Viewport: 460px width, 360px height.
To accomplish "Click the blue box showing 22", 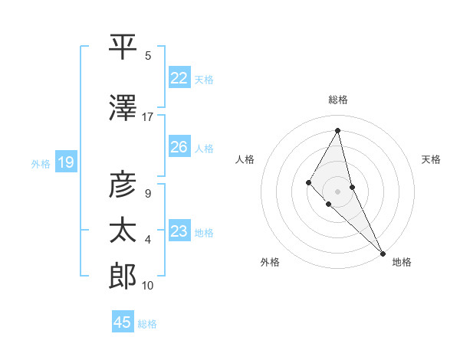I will (x=179, y=77).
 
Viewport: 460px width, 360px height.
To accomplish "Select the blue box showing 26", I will (x=179, y=147).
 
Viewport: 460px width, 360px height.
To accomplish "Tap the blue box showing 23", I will (x=179, y=231).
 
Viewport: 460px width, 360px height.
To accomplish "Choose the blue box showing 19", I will (x=65, y=162).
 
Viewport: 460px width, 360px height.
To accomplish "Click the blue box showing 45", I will (x=123, y=322).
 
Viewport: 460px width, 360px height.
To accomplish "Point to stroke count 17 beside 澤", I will (x=148, y=117).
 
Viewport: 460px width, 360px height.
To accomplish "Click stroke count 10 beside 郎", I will (x=148, y=286).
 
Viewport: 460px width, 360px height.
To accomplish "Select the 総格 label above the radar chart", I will (x=338, y=100).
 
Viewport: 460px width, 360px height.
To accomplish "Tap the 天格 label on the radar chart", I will (x=431, y=159).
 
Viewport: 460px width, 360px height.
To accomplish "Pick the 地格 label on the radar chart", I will (x=402, y=262).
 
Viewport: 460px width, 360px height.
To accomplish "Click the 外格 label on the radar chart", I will (x=270, y=262).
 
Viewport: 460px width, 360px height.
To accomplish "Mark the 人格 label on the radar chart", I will (x=245, y=159).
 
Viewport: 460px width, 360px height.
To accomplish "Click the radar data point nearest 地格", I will (x=383, y=253).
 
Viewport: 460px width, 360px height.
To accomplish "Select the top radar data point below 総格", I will (x=338, y=130).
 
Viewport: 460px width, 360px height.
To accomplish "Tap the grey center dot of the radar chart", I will (x=338, y=191).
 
